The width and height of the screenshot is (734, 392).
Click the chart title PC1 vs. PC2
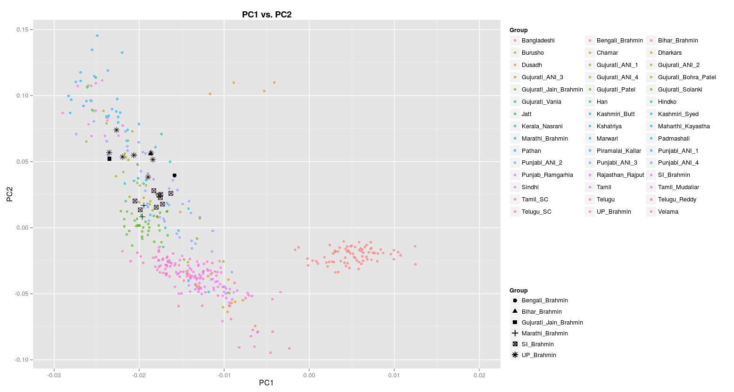267,15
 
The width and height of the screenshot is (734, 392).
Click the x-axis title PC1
266,383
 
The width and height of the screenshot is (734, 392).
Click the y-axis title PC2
9,194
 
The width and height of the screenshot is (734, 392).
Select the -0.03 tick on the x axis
54,375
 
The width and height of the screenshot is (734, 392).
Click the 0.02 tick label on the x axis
479,375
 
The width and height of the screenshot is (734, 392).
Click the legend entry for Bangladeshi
538,41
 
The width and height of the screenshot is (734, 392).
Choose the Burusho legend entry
533,53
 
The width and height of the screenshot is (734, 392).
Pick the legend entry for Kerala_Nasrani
542,126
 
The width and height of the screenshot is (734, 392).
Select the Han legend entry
602,102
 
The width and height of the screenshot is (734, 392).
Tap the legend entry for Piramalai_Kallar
618,151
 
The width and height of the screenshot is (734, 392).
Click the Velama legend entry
668,212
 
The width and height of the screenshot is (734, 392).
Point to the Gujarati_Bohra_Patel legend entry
687,77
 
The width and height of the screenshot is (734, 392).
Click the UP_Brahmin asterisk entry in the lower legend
538,355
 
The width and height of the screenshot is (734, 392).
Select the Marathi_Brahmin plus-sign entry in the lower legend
544,334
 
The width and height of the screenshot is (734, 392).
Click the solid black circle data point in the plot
175,175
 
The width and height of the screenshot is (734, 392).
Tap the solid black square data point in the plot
109,159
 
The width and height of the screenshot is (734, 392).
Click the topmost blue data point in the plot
97,35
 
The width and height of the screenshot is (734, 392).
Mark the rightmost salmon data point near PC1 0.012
415,246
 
